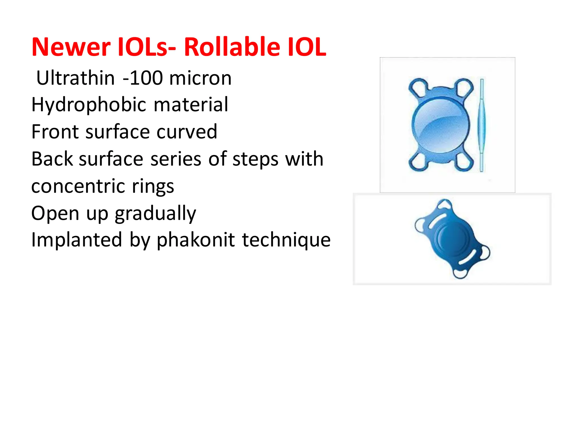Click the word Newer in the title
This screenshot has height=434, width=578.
click(71, 47)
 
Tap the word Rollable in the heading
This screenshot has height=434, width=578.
click(231, 47)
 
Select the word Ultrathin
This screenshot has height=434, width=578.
click(75, 78)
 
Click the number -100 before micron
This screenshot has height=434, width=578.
click(143, 78)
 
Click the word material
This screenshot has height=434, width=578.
click(191, 105)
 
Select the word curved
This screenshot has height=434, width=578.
click(187, 132)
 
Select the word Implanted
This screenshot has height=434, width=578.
click(76, 240)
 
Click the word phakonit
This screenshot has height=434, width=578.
click(196, 240)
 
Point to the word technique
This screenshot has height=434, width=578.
click(286, 240)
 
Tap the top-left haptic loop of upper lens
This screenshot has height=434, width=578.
click(418, 87)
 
